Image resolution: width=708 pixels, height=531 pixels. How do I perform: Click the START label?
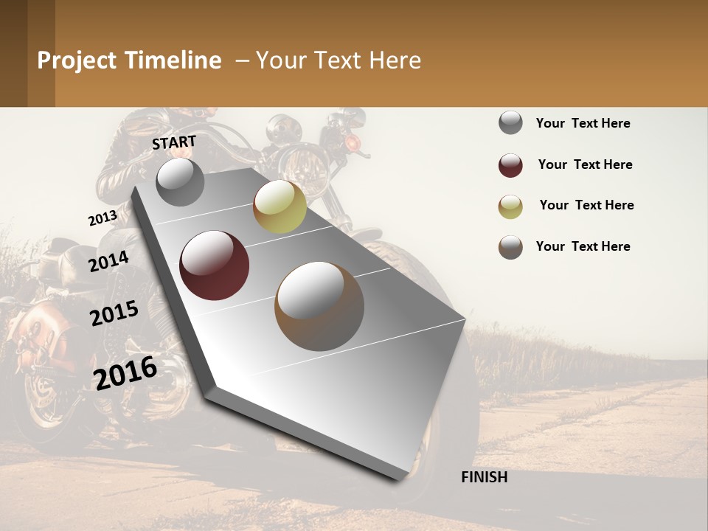pos(174,142)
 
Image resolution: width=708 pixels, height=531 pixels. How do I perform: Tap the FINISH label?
pos(485,477)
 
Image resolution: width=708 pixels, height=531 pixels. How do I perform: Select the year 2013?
pos(103,218)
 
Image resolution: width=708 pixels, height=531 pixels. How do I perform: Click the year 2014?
pos(109,261)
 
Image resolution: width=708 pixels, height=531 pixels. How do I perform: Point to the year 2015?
pos(114,313)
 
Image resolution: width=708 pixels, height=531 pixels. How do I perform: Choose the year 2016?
pos(125,372)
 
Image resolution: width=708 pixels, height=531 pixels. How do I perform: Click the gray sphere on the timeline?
pos(181,181)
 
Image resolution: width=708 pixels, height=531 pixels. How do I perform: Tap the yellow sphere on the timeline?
pos(280,206)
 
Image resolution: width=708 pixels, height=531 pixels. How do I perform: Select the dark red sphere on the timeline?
pos(215,265)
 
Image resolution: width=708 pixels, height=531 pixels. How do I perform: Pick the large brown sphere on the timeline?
pos(319,306)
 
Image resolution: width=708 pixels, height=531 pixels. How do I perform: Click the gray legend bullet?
pos(510,123)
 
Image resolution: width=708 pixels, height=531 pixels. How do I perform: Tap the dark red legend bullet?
pos(510,165)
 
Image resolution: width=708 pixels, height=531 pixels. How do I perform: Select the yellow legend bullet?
pos(510,206)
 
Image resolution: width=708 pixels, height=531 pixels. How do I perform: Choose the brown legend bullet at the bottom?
pos(510,247)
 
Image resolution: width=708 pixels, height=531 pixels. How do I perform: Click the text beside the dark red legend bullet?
pos(585,164)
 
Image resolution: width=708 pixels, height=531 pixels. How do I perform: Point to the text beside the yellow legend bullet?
pos(586,205)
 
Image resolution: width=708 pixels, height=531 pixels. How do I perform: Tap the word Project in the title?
pos(77,60)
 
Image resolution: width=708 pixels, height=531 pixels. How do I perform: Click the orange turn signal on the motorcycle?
pos(353,140)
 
